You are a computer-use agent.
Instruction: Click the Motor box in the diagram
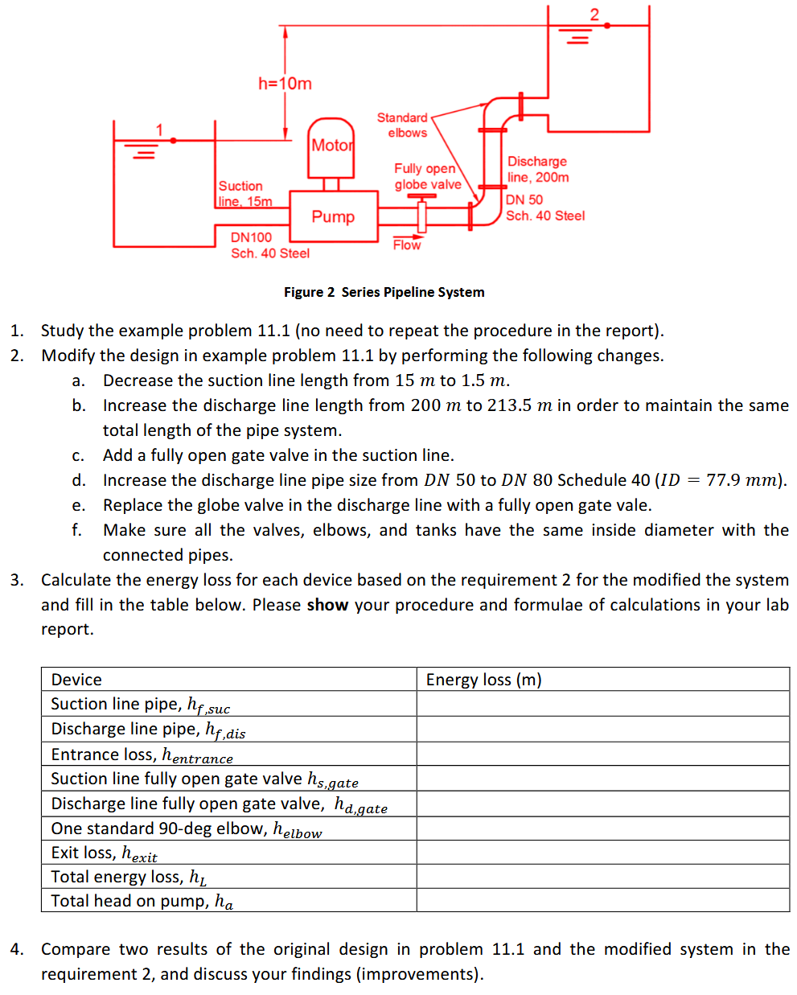(331, 146)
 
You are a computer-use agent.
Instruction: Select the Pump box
(333, 216)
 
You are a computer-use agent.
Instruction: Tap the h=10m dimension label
(285, 84)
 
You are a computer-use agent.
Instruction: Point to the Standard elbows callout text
(404, 125)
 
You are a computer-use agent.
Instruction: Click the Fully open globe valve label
(427, 176)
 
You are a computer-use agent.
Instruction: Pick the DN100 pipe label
(251, 237)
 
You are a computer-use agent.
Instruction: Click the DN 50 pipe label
(524, 199)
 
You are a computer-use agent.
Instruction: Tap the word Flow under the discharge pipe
(407, 245)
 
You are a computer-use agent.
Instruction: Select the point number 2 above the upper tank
(594, 14)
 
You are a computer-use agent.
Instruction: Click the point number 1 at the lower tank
(159, 130)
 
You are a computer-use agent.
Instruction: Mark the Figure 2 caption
(384, 292)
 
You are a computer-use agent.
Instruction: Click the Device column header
(76, 680)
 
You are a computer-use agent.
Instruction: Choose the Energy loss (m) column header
(483, 680)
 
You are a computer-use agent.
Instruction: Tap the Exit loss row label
(104, 853)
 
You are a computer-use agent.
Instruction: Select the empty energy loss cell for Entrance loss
(602, 754)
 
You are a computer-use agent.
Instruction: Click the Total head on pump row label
(142, 901)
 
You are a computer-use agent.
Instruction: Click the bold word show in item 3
(327, 605)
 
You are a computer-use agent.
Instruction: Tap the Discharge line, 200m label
(537, 169)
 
